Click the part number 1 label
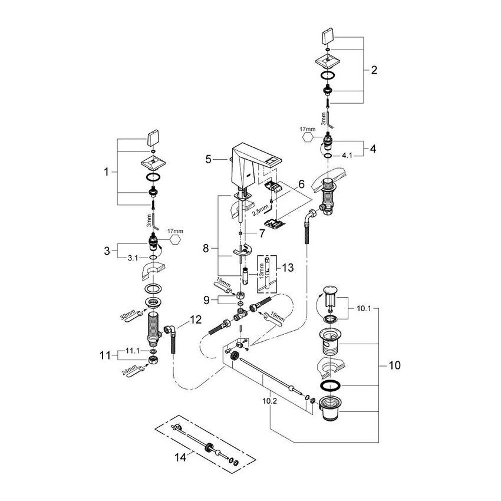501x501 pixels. (x=106, y=173)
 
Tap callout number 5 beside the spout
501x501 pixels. (x=208, y=159)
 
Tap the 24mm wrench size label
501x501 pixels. (x=127, y=371)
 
